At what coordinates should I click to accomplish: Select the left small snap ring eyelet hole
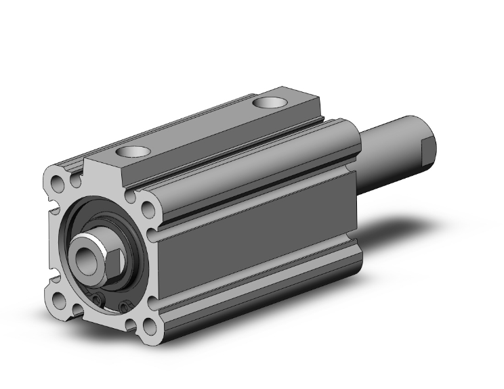98,300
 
